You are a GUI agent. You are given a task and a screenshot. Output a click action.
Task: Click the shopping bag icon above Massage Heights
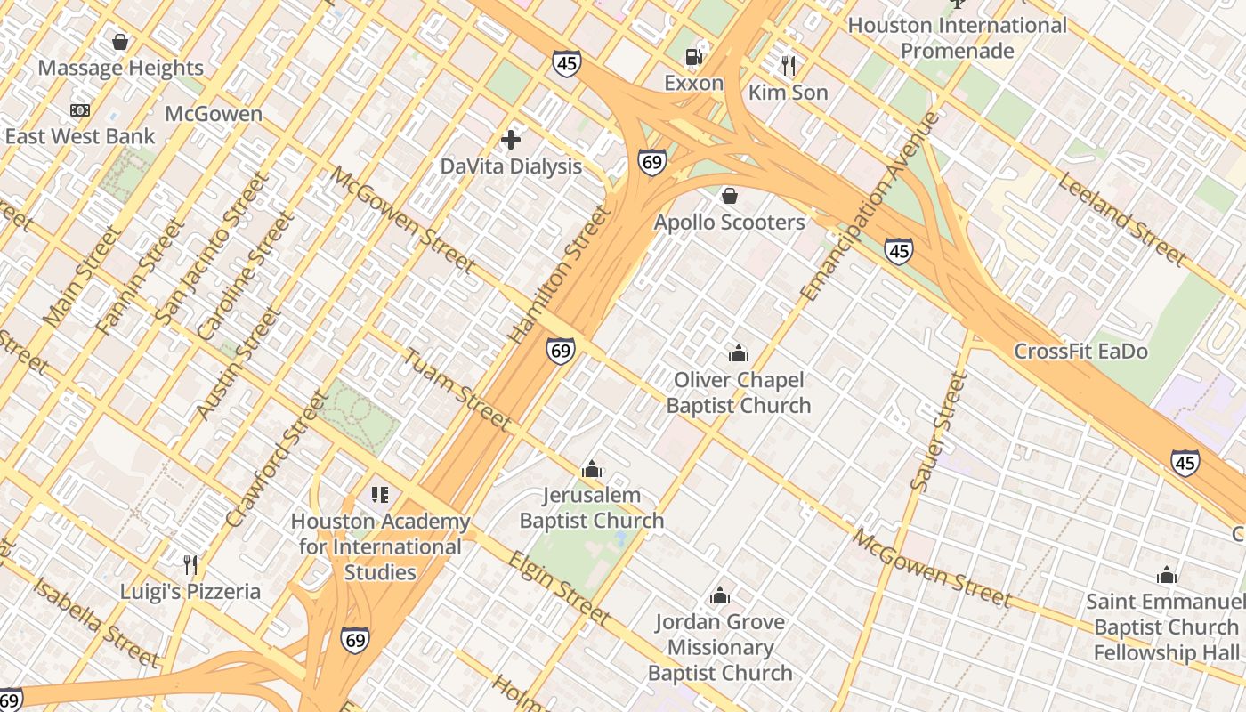point(120,42)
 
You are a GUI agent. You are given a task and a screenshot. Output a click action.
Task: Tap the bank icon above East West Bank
point(80,110)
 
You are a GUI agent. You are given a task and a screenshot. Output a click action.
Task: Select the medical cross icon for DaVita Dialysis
point(511,140)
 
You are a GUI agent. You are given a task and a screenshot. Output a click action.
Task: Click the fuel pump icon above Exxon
point(693,57)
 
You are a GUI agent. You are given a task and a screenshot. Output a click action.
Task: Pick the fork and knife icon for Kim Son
point(788,65)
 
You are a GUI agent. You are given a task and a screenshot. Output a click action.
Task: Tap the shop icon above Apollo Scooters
point(730,196)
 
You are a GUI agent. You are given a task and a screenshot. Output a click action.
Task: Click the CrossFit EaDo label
point(1080,352)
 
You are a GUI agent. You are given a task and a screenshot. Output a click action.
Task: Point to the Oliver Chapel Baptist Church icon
point(739,354)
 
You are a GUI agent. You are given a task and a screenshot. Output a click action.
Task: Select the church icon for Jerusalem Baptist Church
point(592,469)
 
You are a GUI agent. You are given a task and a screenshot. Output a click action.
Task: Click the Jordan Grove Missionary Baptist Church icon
point(720,595)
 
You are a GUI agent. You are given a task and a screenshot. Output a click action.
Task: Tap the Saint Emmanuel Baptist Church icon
point(1167,575)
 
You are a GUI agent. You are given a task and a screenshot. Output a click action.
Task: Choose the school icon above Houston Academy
point(380,495)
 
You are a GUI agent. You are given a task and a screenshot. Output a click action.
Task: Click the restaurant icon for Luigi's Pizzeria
point(190,565)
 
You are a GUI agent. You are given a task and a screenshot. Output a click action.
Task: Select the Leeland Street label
point(1121,219)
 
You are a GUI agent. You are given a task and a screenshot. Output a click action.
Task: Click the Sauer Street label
point(940,431)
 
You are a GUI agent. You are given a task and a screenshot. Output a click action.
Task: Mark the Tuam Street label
point(457,389)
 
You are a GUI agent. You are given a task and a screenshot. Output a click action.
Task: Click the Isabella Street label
point(96,621)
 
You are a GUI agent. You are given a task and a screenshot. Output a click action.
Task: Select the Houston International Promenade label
point(957,37)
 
